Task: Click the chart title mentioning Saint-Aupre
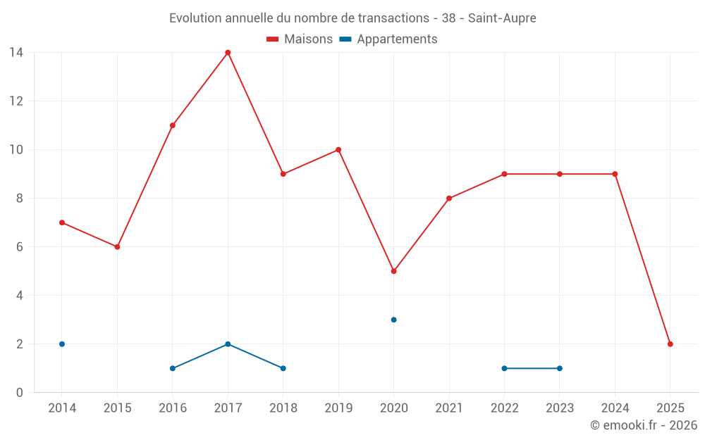352,18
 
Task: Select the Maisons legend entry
300,39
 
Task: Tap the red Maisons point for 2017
228,53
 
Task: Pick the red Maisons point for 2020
393,271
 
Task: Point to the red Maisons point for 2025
670,344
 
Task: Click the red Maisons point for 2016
173,125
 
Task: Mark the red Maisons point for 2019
338,150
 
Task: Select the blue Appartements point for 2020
393,320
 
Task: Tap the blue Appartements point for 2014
62,344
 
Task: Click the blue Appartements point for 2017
228,344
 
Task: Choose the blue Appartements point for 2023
560,368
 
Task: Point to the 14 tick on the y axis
16,53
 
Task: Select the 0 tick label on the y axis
19,393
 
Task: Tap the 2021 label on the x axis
449,408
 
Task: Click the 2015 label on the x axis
117,408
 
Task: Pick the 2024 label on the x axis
615,408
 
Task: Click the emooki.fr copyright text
644,425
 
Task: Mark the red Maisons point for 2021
449,199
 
